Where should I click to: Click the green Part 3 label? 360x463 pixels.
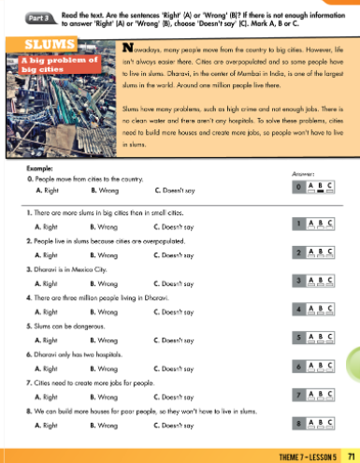point(30,16)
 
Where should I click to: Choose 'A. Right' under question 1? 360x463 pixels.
point(43,227)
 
